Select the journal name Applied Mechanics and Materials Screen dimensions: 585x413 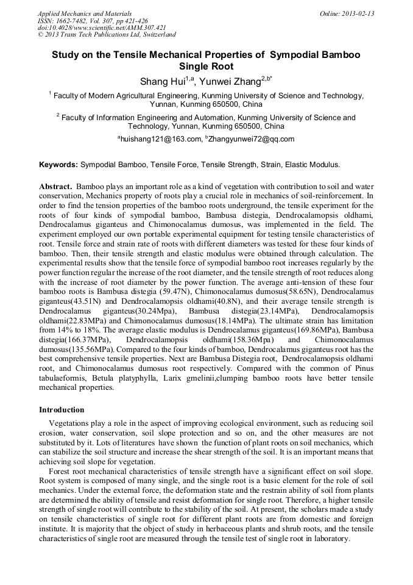coord(85,13)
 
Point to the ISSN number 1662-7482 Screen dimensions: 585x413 coord(71,20)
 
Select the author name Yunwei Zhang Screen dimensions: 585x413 coord(230,82)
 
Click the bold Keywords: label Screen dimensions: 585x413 coord(58,165)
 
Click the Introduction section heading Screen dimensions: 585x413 coord(62,409)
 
